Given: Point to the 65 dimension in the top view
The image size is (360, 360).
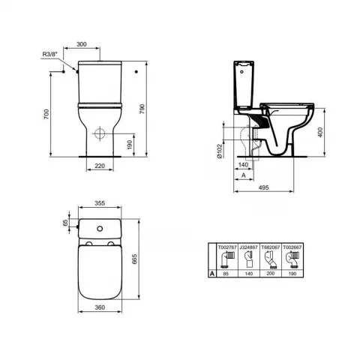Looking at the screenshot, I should pos(65,223).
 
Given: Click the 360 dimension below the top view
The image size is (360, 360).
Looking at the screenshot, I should pos(98,308).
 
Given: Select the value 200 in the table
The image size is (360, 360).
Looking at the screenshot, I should pos(272,275).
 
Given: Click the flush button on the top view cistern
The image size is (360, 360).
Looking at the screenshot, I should pos(98,225).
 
